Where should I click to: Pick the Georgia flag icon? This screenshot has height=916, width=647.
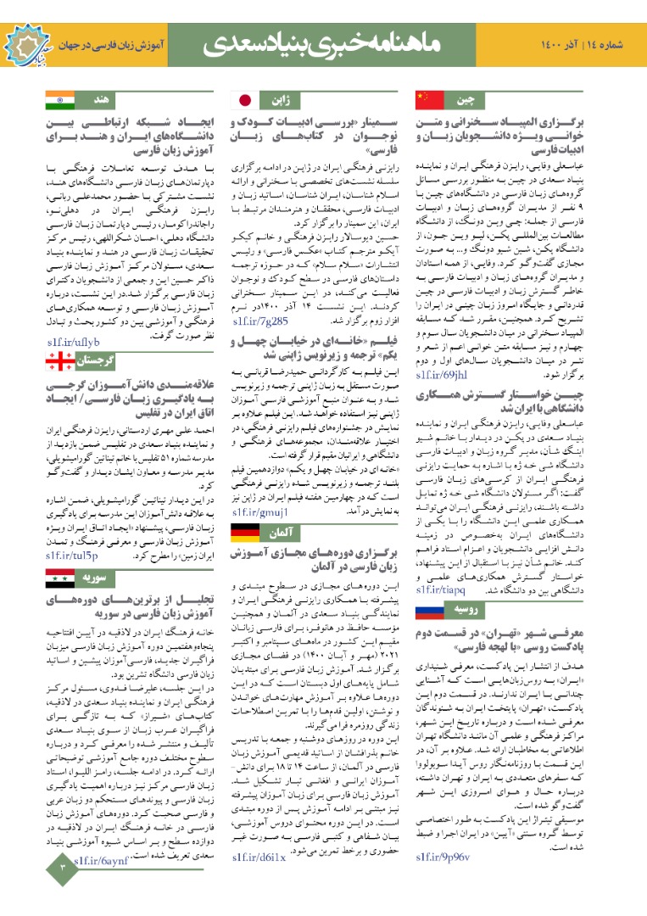pos(60,360)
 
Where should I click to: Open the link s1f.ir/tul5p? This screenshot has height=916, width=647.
pos(71,556)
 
